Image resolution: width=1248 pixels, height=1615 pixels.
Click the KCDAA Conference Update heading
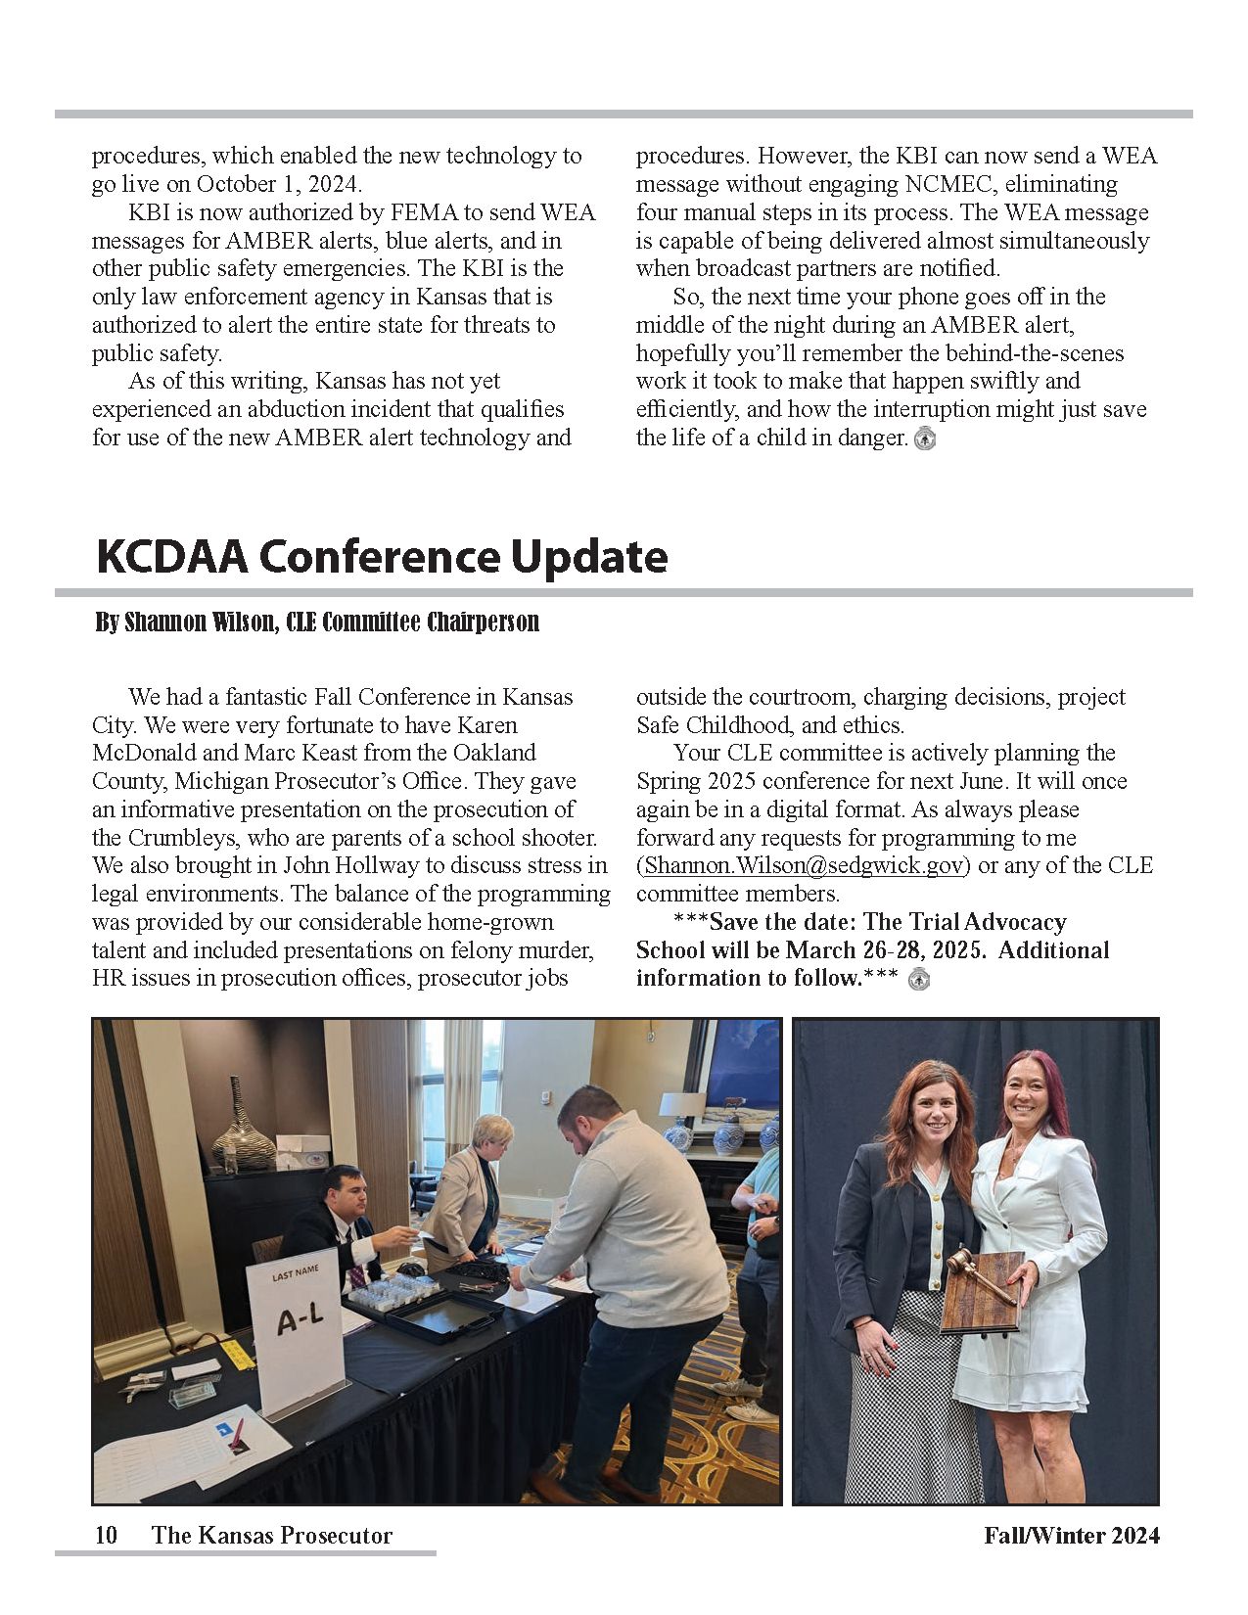pyautogui.click(x=382, y=556)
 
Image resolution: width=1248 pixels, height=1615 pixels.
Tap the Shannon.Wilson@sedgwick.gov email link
pyautogui.click(x=804, y=865)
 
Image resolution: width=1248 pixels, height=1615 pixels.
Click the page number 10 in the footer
pyautogui.click(x=106, y=1535)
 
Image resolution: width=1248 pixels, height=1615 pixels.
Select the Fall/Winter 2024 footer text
pyautogui.click(x=1072, y=1535)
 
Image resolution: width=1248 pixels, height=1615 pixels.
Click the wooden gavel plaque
pyautogui.click(x=981, y=1292)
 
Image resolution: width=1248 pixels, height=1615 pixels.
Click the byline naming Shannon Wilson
pyautogui.click(x=317, y=623)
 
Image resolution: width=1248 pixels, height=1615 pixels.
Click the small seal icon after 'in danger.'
pyautogui.click(x=925, y=438)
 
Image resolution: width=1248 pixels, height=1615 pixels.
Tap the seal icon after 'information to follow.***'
pyautogui.click(x=918, y=979)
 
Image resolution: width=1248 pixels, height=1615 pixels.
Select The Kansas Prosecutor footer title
pyautogui.click(x=272, y=1535)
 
